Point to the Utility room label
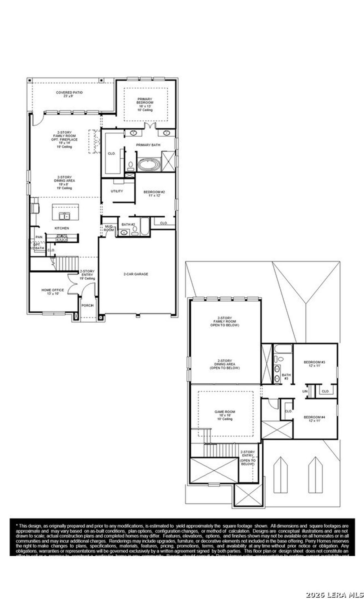click(117, 191)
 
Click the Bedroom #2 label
click(154, 194)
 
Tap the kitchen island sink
click(64, 217)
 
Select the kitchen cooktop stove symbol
click(62, 238)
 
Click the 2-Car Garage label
click(136, 274)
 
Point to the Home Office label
click(53, 292)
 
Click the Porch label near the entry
click(87, 305)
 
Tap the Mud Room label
click(109, 228)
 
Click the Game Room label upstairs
click(225, 415)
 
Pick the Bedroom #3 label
click(314, 364)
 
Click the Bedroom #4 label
click(314, 419)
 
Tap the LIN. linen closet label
click(305, 391)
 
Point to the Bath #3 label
click(286, 377)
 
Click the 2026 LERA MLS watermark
click(334, 594)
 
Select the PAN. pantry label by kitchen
click(39, 237)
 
